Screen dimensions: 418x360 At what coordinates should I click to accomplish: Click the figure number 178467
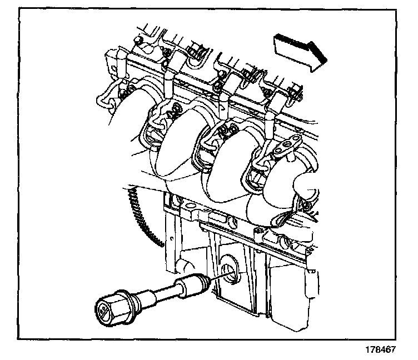click(382, 349)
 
